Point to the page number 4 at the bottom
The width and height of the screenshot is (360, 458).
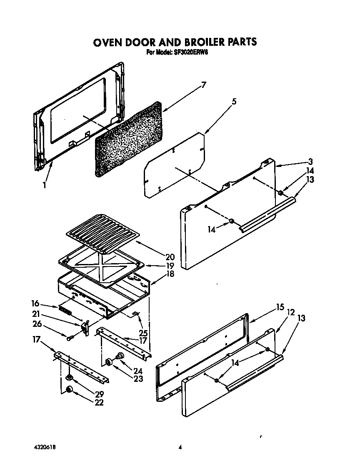coord(180,448)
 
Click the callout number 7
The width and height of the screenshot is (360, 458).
coord(204,85)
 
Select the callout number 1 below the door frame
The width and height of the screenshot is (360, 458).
coord(45,186)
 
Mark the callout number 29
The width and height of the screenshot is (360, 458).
coord(99,394)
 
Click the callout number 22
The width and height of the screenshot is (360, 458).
coord(99,403)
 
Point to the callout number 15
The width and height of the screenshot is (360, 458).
coord(280,308)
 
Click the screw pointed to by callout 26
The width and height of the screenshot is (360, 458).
coord(70,338)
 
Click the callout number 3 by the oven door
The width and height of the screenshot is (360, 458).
coord(310,162)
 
